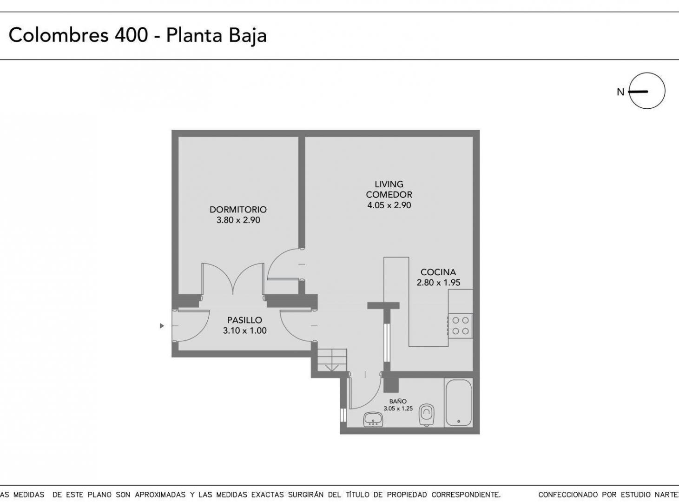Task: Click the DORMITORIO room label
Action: pyautogui.click(x=238, y=210)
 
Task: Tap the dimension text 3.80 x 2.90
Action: pyautogui.click(x=238, y=220)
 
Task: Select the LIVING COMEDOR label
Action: pyautogui.click(x=389, y=190)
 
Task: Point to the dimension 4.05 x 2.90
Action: pyautogui.click(x=389, y=205)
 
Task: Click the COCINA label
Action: pyautogui.click(x=438, y=272)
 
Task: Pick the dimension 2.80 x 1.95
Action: pyautogui.click(x=438, y=283)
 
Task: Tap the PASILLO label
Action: pyautogui.click(x=244, y=320)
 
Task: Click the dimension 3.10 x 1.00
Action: pyautogui.click(x=244, y=331)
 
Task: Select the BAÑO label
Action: pyautogui.click(x=398, y=401)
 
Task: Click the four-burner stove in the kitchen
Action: pyautogui.click(x=460, y=325)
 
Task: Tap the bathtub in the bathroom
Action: pyautogui.click(x=458, y=403)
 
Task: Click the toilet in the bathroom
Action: pyautogui.click(x=427, y=414)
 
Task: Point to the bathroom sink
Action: pyautogui.click(x=373, y=419)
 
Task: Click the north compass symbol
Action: pyautogui.click(x=646, y=92)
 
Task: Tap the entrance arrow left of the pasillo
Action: pyautogui.click(x=162, y=326)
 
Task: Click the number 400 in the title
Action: pyautogui.click(x=131, y=35)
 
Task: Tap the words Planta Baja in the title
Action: pyautogui.click(x=216, y=35)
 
